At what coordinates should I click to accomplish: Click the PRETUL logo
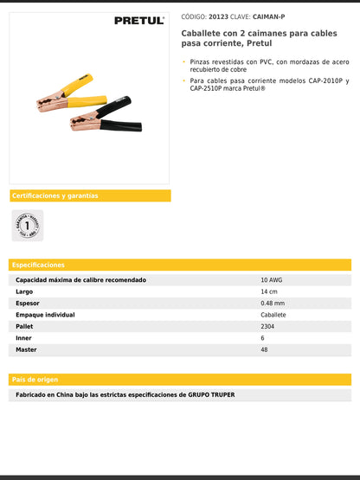pos(139,20)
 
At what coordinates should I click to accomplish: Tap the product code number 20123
pos(219,16)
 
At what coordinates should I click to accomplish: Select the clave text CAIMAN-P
pos(268,16)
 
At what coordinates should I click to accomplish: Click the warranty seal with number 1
pos(29,225)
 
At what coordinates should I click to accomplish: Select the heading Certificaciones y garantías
pos(55,195)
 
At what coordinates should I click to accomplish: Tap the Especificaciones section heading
pos(39,265)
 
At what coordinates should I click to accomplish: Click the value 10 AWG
pos(273,280)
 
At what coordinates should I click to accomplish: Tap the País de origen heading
pos(35,380)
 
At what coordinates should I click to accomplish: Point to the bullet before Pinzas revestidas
pos(183,61)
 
